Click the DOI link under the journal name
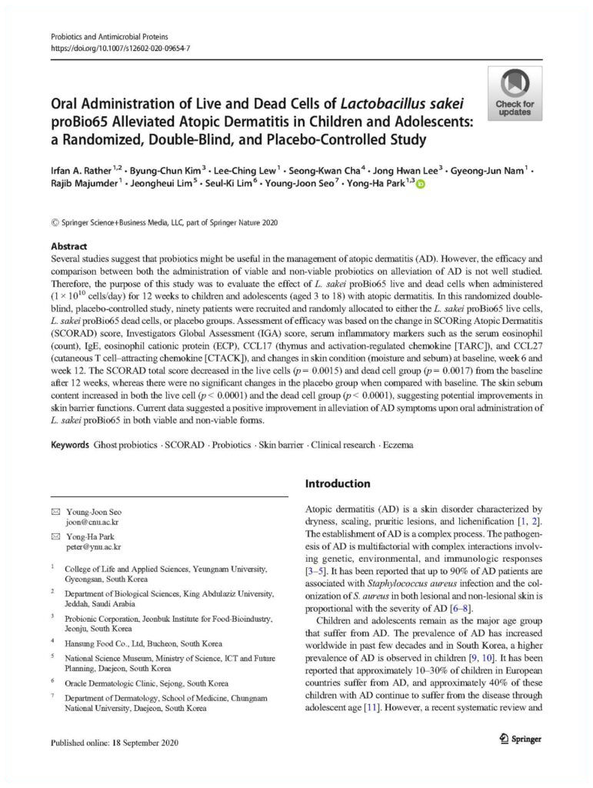point(120,48)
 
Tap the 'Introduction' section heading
point(338,484)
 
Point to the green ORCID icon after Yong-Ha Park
point(420,185)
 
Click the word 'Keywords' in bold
point(70,445)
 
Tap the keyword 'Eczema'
point(395,445)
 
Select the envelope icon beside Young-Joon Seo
point(55,512)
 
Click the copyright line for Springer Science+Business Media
point(164,223)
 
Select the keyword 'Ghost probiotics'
point(126,445)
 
